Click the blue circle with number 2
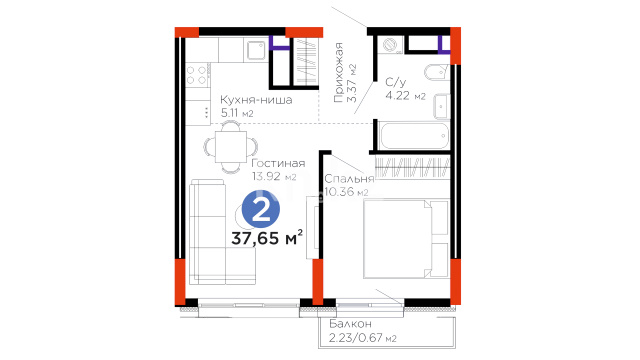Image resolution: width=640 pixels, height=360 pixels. tap(261, 209)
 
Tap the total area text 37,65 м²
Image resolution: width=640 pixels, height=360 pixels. tap(267, 238)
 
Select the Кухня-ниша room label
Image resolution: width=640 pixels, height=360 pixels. tap(256, 100)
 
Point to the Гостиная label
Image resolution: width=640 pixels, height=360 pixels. tap(278, 163)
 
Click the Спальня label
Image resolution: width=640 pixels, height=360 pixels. tap(349, 179)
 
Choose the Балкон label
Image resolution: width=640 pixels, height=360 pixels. tap(351, 324)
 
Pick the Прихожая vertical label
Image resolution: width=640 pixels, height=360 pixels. tap(338, 72)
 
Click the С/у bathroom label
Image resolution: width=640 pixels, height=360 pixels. tap(396, 82)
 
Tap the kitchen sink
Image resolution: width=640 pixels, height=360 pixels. tap(256, 50)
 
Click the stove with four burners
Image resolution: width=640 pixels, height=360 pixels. tap(197, 75)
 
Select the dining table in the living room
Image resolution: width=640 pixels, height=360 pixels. tap(231, 146)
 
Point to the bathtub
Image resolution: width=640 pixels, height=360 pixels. tap(414, 136)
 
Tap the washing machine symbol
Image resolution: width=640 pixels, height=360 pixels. tap(391, 45)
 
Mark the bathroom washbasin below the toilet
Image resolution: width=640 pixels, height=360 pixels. tap(441, 106)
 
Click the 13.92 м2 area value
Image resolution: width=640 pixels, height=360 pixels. tap(274, 177)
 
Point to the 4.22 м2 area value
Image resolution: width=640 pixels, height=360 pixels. tap(405, 96)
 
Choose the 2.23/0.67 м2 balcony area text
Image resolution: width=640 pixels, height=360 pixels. tap(362, 338)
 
